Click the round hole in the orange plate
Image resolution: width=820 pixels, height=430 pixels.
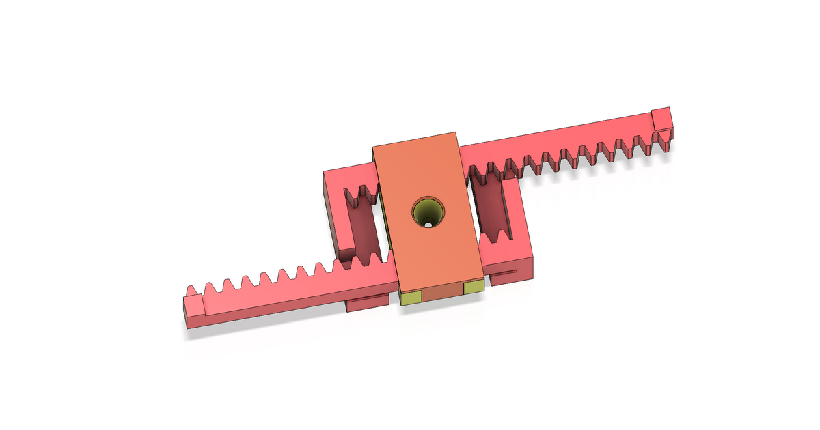click(x=428, y=212)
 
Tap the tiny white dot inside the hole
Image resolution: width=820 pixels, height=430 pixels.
click(x=428, y=223)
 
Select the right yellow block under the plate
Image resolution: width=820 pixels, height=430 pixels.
click(x=474, y=289)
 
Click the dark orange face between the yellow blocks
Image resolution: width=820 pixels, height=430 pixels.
click(x=443, y=293)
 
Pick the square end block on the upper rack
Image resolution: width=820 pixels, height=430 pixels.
click(x=662, y=119)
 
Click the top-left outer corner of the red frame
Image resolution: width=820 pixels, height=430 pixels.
click(x=326, y=174)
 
